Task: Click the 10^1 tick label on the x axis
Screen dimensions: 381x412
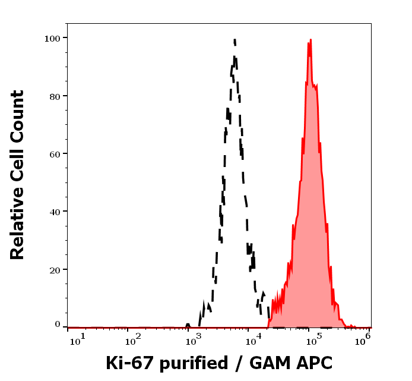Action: click(77, 339)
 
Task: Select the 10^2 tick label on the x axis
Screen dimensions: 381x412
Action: click(134, 339)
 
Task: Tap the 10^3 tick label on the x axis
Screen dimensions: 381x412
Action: click(194, 339)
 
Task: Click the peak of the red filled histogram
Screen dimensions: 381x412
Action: click(310, 40)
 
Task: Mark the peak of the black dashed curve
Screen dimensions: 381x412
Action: click(234, 40)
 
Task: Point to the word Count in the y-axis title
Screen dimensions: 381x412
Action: click(17, 114)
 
